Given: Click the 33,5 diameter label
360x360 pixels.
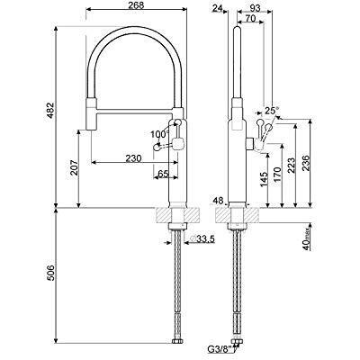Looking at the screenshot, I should pyautogui.click(x=204, y=238).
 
